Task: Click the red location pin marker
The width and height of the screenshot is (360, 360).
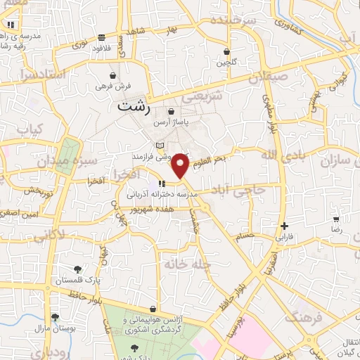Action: tap(181, 165)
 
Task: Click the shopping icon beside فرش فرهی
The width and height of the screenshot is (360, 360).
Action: tap(113, 75)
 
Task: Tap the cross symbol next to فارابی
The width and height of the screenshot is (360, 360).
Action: tap(284, 226)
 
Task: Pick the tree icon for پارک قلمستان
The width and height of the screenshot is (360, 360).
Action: tap(77, 269)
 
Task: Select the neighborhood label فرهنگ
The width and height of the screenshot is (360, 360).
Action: tap(302, 315)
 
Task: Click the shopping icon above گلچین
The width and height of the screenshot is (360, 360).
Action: tap(226, 51)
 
